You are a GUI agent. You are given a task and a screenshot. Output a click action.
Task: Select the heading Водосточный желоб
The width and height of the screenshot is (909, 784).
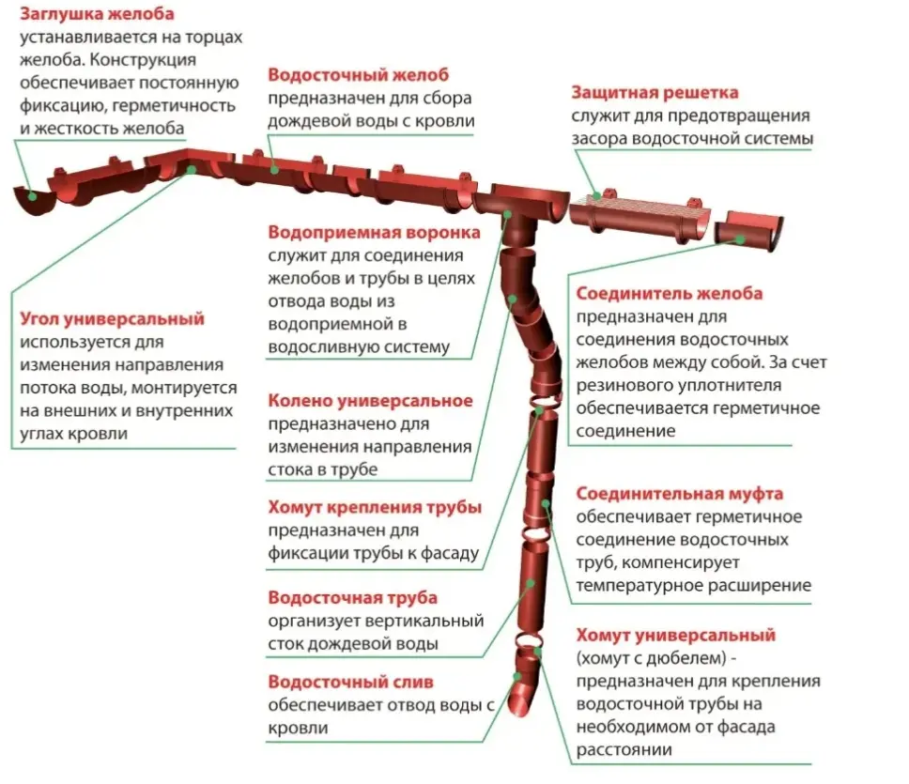click(359, 75)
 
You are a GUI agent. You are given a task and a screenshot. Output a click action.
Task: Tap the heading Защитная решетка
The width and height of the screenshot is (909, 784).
click(655, 93)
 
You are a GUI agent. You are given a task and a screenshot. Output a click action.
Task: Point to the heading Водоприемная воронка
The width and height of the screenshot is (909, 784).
click(374, 232)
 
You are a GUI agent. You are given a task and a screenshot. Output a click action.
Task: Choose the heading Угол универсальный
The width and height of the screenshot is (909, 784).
click(112, 319)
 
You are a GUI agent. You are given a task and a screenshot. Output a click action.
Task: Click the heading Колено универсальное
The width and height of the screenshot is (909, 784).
click(370, 401)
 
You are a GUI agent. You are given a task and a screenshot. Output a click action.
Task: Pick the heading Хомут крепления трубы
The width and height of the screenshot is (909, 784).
click(375, 508)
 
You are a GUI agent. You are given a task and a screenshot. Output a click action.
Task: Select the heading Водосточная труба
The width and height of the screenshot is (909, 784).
click(352, 598)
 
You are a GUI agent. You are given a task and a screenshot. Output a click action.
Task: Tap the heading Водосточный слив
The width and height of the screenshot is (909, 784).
click(350, 682)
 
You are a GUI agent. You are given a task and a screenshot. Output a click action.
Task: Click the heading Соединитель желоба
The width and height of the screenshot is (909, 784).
click(669, 294)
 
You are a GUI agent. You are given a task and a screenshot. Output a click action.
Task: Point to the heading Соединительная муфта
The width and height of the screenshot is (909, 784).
click(679, 494)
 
